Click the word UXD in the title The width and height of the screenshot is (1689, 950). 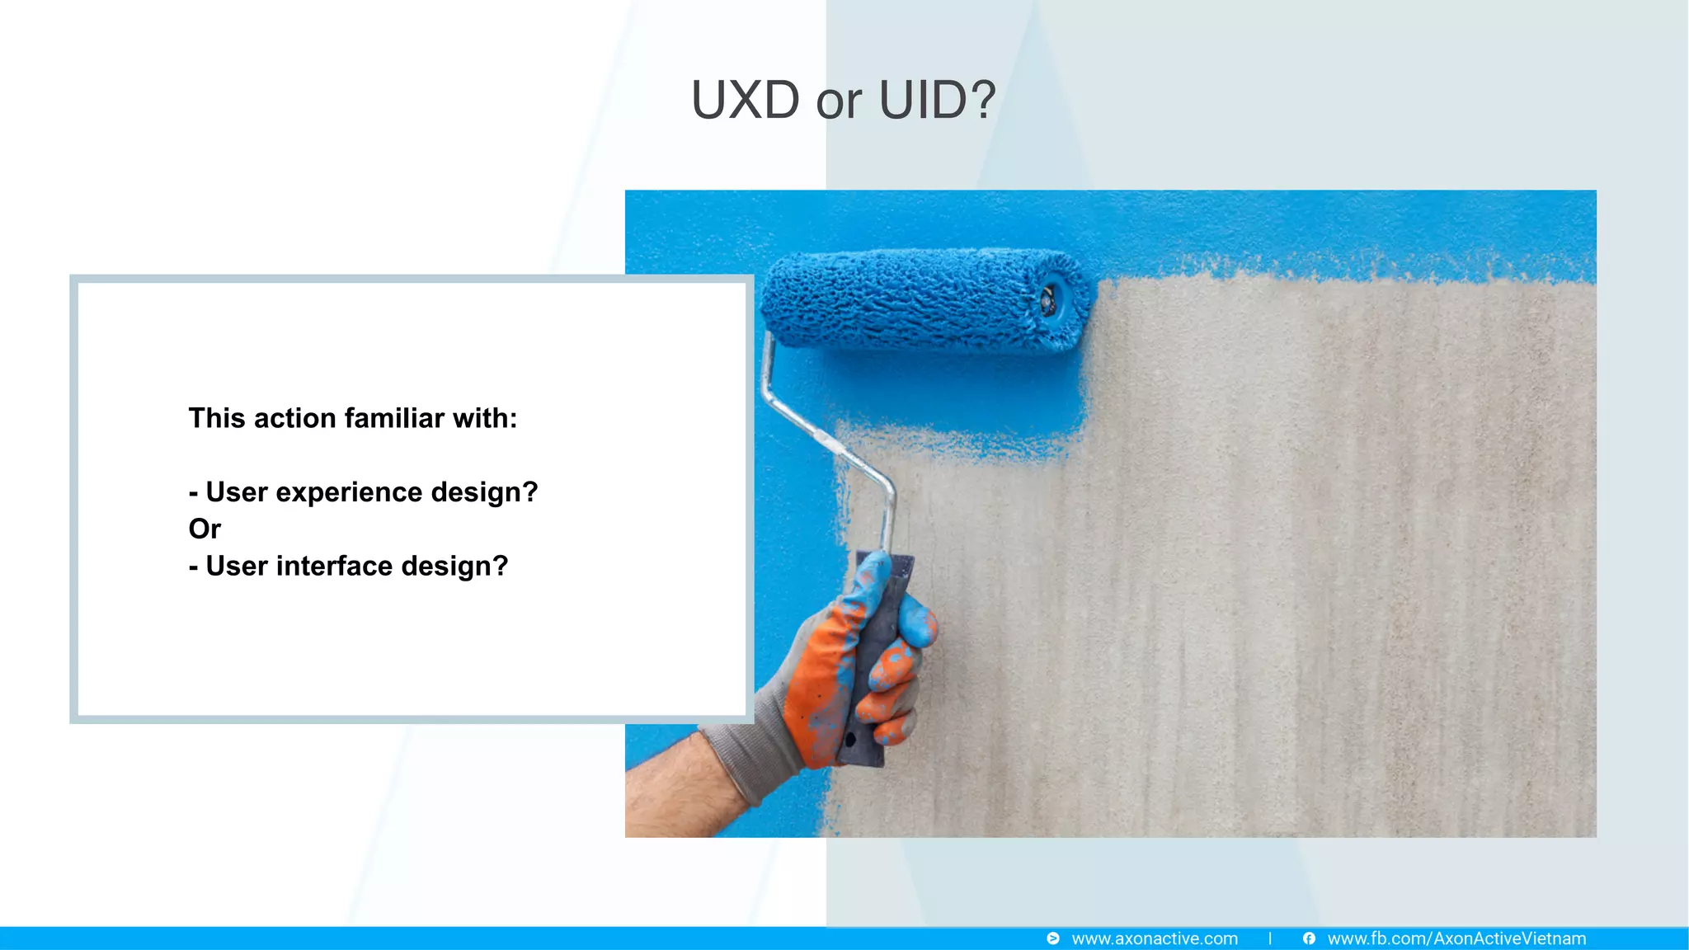point(745,101)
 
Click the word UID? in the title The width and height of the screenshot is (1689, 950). point(937,101)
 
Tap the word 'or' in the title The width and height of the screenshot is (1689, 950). point(839,102)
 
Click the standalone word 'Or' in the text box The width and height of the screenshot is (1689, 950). point(205,529)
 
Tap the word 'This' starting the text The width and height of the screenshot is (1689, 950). point(217,418)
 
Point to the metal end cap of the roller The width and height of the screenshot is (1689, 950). point(1048,300)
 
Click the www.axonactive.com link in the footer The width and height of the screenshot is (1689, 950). point(1154,938)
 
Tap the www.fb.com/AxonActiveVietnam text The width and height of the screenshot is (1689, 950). point(1456,938)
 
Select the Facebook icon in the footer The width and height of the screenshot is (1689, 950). point(1309,938)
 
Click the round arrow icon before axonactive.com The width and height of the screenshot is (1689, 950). point(1053,938)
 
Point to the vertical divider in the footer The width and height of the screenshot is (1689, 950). point(1270,938)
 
